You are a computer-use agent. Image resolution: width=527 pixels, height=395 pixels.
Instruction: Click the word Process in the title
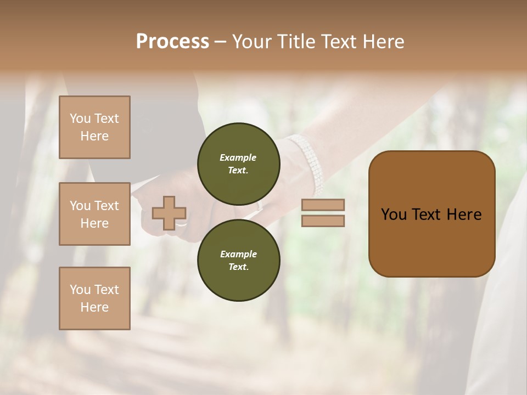click(172, 42)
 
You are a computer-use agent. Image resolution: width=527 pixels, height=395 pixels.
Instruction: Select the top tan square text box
click(94, 127)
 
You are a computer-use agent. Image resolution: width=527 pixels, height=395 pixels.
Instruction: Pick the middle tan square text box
click(94, 214)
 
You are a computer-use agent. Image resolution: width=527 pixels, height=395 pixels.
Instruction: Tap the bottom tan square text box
click(94, 298)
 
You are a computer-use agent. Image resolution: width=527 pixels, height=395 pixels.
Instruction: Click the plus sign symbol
click(169, 213)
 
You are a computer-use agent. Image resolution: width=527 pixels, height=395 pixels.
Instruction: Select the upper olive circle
click(239, 163)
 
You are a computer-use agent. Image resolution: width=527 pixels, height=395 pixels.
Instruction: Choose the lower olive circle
click(239, 260)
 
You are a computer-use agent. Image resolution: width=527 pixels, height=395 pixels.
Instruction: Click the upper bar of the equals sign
click(323, 205)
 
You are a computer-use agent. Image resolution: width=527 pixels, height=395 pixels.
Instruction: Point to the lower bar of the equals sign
click(323, 221)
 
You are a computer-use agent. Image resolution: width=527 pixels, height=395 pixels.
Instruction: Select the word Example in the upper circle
click(238, 157)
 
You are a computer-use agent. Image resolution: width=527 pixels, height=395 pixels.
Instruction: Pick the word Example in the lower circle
click(238, 254)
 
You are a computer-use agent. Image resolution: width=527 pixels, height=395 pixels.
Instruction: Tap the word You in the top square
click(80, 119)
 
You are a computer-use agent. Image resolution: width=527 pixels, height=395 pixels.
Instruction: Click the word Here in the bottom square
click(94, 307)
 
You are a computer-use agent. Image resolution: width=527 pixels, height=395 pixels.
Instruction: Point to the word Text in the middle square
click(106, 206)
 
